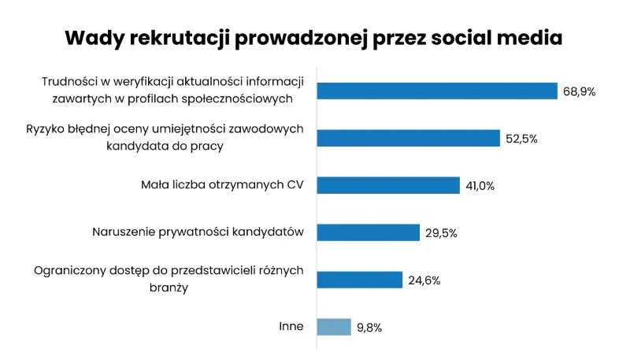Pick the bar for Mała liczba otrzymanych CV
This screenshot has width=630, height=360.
pyautogui.click(x=388, y=185)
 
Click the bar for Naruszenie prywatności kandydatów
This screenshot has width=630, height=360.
pyautogui.click(x=368, y=232)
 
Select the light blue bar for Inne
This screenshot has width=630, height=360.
pyautogui.click(x=334, y=327)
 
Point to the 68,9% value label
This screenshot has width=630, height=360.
pyautogui.click(x=579, y=91)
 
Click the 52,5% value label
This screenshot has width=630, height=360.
pyautogui.click(x=521, y=139)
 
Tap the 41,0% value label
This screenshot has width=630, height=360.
pyautogui.click(x=480, y=186)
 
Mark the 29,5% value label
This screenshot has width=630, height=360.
pyautogui.click(x=440, y=233)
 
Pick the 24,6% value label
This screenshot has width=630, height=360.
pyautogui.click(x=424, y=280)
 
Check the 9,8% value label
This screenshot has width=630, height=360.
pyautogui.click(x=369, y=328)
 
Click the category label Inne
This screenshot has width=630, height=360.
pyautogui.click(x=291, y=327)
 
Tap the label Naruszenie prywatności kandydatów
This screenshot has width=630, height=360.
pyautogui.click(x=198, y=232)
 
